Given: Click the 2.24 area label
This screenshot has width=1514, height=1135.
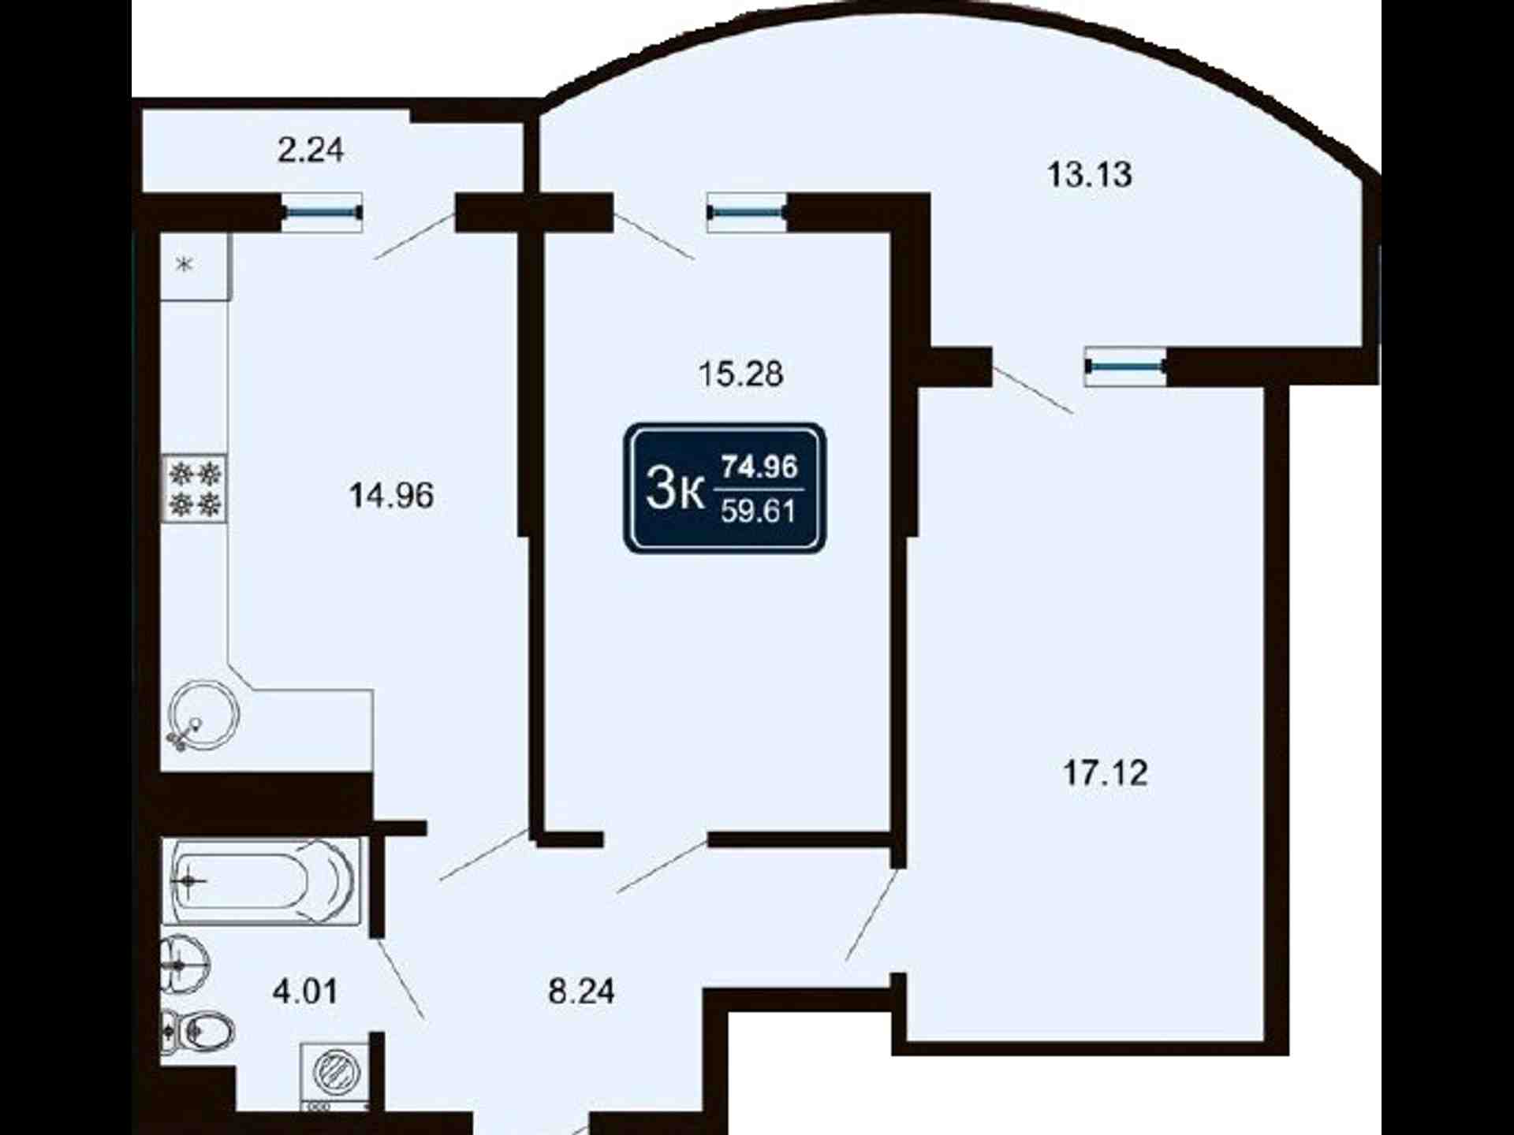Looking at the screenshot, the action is pyautogui.click(x=311, y=150).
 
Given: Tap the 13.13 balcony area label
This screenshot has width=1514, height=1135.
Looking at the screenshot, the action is pyautogui.click(x=1089, y=174).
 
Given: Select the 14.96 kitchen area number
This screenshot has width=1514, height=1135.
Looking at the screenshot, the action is pyautogui.click(x=391, y=496).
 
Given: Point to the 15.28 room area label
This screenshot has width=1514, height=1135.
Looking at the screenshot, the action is pyautogui.click(x=740, y=374).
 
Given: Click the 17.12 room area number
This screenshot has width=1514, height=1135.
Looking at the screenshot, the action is pyautogui.click(x=1106, y=773).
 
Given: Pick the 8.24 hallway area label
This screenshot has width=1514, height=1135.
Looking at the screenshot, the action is pyautogui.click(x=581, y=992).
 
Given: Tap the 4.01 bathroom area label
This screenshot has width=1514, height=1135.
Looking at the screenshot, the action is pyautogui.click(x=305, y=991).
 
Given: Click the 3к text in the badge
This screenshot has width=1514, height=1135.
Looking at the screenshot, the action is pyautogui.click(x=674, y=489).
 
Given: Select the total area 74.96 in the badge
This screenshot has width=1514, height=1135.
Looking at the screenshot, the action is pyautogui.click(x=760, y=467).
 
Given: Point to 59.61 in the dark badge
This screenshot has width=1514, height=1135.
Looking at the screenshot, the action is pyautogui.click(x=758, y=512).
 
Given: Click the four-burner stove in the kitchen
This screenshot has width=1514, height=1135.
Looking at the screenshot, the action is pyautogui.click(x=195, y=488).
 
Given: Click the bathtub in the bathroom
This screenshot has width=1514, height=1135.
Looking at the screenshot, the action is pyautogui.click(x=261, y=880).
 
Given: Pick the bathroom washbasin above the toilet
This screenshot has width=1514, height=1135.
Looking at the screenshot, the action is pyautogui.click(x=186, y=964).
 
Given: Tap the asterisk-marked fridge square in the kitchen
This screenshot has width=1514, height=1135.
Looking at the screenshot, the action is pyautogui.click(x=195, y=266).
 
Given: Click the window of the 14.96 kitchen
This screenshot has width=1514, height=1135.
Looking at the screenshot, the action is pyautogui.click(x=322, y=212).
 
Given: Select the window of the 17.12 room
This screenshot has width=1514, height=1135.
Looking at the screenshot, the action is pyautogui.click(x=1125, y=366).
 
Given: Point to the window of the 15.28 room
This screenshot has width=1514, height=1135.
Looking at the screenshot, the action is pyautogui.click(x=747, y=212).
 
